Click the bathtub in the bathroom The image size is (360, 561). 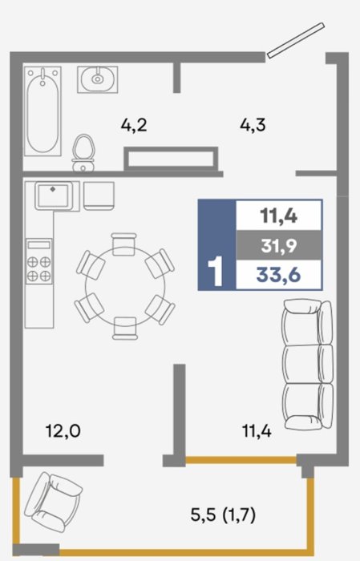pos(42,111)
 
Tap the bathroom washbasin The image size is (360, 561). pos(97,79)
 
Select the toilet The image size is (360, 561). pos(83,153)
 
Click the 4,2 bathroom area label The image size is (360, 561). pos(134,125)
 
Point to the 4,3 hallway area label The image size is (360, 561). pos(253,125)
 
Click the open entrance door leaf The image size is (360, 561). pos(296,40)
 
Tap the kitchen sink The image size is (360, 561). pos(54,196)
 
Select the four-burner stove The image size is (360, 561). pos(39,261)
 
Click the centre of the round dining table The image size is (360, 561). pos(125,286)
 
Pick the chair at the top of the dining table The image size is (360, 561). pos(123,244)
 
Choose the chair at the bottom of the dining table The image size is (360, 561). pos(125,328)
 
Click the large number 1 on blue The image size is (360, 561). pos(216,272)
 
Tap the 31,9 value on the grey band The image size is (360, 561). pos(279,246)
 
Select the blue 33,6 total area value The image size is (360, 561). pos(278,275)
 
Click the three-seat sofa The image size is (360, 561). pos(308,364)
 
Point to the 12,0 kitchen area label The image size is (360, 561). pos(63,430)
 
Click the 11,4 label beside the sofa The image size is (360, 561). pos(257,430)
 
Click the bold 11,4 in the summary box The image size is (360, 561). pos(279,216)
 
